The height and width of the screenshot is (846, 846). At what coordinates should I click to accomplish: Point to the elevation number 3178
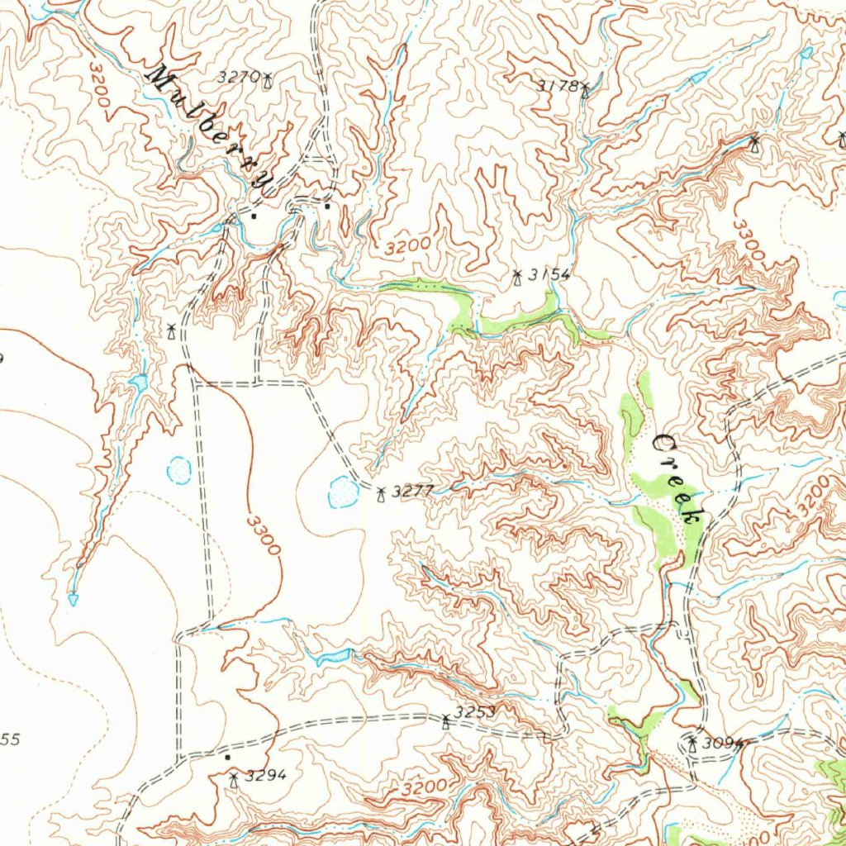pyautogui.click(x=556, y=85)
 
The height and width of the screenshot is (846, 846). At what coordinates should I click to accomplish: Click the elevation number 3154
pyautogui.click(x=550, y=275)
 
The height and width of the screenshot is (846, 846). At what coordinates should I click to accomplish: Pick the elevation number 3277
pyautogui.click(x=412, y=492)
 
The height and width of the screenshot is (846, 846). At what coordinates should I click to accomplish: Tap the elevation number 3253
pyautogui.click(x=475, y=712)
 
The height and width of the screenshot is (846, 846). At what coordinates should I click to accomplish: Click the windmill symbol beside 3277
pyautogui.click(x=381, y=495)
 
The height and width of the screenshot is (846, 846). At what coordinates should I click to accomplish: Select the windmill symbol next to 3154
pyautogui.click(x=518, y=278)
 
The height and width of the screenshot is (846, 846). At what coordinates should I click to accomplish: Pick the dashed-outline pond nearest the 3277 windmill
pyautogui.click(x=340, y=492)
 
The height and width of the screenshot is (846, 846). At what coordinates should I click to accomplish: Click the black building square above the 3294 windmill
pyautogui.click(x=227, y=756)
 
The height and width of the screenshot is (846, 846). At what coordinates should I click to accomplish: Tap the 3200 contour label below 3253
pyautogui.click(x=427, y=786)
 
